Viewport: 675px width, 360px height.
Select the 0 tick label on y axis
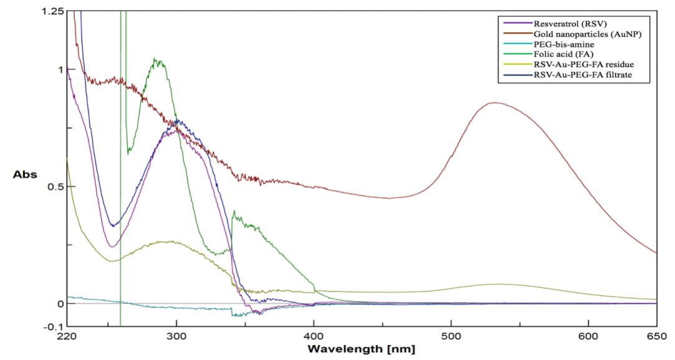tap(60, 303)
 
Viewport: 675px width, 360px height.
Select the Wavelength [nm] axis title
tap(361, 349)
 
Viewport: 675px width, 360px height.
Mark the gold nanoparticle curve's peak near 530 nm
tap(495, 103)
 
